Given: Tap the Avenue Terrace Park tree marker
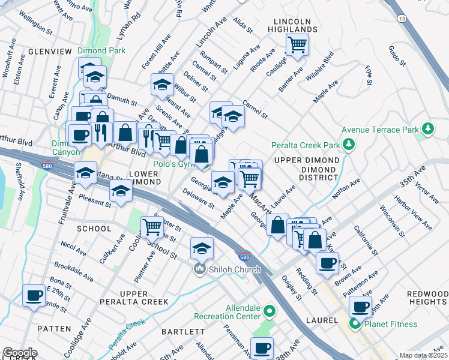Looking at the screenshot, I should pos(427,128).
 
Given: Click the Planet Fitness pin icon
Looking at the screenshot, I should pos(355,325).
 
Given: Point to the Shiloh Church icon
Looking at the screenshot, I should pos(200,269).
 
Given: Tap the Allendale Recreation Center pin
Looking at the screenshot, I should pos(270,312).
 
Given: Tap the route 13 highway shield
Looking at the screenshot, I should pos(401,19).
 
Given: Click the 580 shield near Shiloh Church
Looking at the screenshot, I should pos(242,256).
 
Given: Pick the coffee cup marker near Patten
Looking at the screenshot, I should pos(34,295).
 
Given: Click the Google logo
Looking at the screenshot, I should pos(20,353).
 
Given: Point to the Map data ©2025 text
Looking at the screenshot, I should pos(423,355).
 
